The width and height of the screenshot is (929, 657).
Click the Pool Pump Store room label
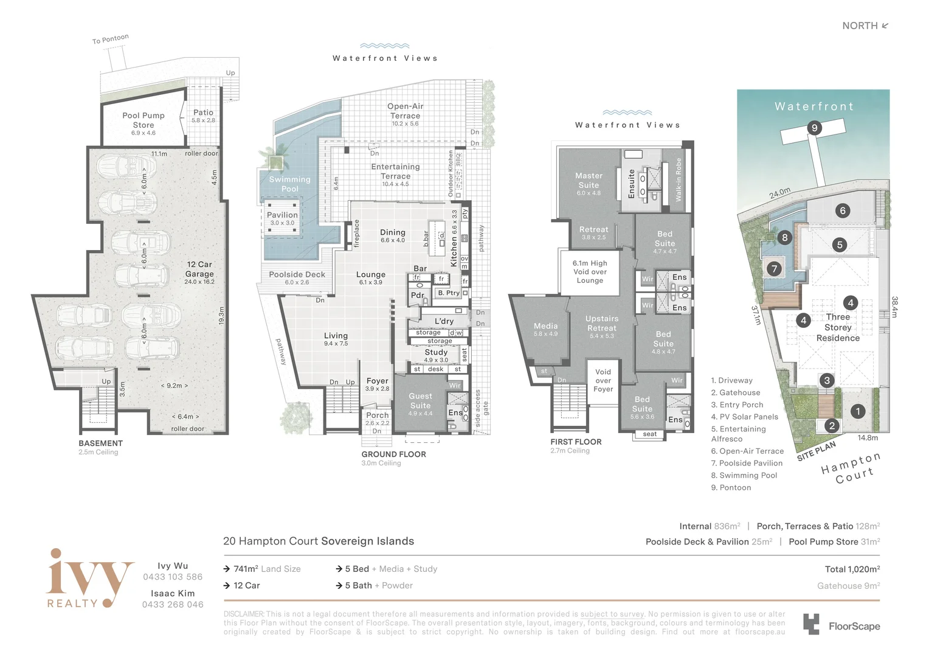tap(143, 120)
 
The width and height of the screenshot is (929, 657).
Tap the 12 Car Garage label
tap(199, 269)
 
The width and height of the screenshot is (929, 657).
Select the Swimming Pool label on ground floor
tap(289, 184)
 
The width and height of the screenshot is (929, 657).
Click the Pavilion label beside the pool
tap(282, 215)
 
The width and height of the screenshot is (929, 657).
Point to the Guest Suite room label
tap(420, 401)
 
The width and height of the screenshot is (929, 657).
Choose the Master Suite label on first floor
tap(589, 181)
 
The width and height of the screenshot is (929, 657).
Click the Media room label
tap(545, 327)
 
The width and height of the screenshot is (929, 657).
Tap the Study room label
tap(436, 352)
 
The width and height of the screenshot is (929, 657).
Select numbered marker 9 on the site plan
tap(814, 128)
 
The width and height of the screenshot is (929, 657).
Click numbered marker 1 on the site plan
tap(858, 411)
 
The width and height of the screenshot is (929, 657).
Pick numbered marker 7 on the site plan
tap(774, 268)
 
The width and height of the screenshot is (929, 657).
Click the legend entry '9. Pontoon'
tap(731, 488)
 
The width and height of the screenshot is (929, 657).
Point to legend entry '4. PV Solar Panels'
tap(744, 417)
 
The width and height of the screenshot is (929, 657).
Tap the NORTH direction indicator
tap(865, 26)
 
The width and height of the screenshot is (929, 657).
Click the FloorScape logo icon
tap(811, 625)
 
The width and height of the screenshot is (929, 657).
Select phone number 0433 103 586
tap(173, 577)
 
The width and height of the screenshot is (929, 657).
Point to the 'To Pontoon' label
tap(110, 40)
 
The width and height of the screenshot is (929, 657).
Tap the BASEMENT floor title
tap(100, 443)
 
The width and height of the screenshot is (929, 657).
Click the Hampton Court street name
tap(850, 467)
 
